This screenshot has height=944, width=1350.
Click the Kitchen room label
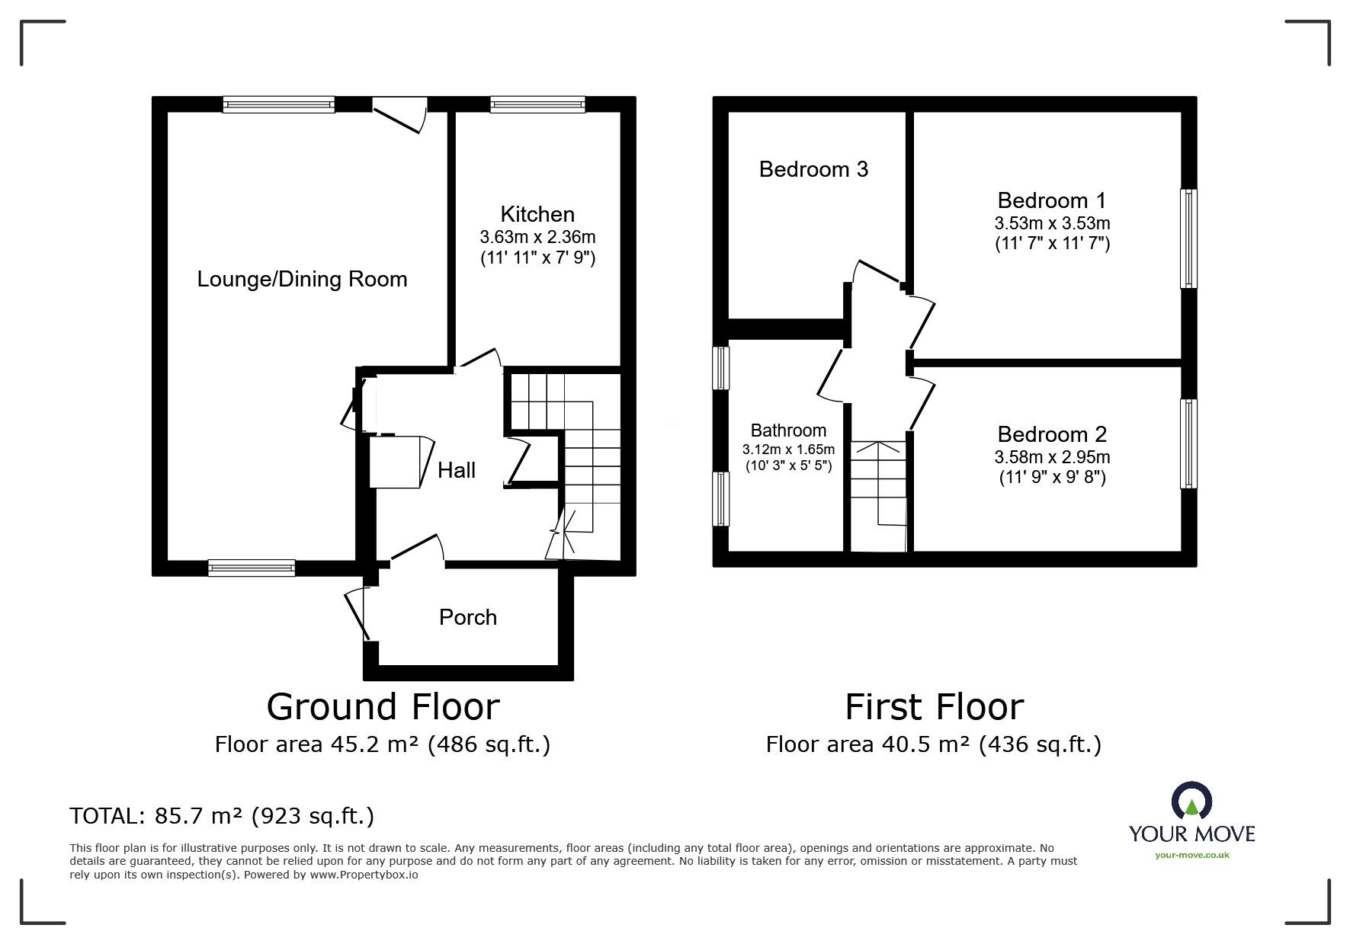tap(537, 214)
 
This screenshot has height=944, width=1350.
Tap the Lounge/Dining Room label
tap(303, 279)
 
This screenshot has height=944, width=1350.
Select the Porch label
tap(468, 616)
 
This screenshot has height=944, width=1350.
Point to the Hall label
tap(457, 470)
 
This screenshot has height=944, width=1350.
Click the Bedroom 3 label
tap(813, 169)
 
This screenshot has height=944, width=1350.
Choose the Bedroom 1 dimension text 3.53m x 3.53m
tap(1052, 223)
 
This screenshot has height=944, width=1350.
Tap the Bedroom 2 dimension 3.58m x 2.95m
tap(1052, 457)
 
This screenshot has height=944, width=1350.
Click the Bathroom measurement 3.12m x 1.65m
tap(789, 449)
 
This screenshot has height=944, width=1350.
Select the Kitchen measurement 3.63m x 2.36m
tap(538, 237)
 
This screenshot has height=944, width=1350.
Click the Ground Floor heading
tap(383, 706)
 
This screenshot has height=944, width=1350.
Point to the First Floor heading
tap(934, 706)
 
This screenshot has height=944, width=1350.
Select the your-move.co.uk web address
tap(1192, 855)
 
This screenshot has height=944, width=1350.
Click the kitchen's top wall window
tap(537, 104)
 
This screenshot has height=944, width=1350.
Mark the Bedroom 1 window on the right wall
tap(1188, 238)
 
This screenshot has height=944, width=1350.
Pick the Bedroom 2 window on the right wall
tap(1188, 443)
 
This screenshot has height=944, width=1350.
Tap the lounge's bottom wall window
tap(252, 568)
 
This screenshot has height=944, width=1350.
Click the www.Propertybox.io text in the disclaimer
tap(364, 875)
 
